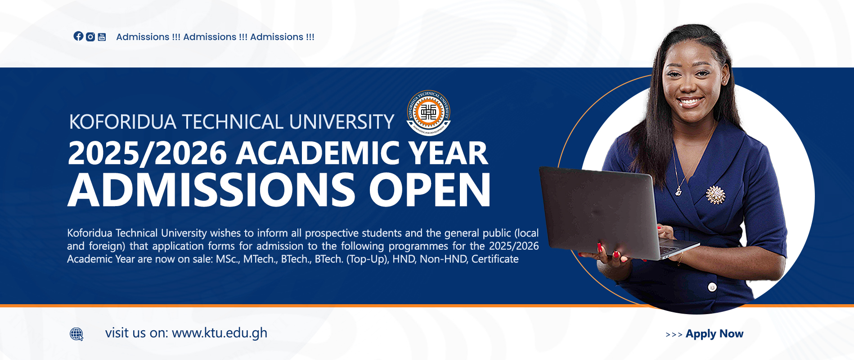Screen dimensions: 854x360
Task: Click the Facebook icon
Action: [78, 36]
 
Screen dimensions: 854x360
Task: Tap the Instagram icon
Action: [90, 37]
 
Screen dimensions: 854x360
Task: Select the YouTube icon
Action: [102, 37]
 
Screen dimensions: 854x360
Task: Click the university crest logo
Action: [429, 112]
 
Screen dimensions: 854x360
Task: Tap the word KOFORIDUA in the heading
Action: [122, 122]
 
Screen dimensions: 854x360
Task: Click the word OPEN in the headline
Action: [430, 190]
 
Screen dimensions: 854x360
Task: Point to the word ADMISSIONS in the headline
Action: [211, 190]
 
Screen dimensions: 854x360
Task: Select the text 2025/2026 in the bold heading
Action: [147, 153]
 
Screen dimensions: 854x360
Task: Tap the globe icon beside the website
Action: [76, 334]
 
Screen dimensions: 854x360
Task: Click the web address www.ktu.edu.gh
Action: [220, 333]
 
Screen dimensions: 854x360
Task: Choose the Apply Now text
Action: [715, 334]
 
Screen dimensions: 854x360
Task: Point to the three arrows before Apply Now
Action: [674, 334]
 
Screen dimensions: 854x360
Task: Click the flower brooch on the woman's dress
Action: [715, 195]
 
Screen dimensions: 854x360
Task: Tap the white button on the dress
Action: [712, 287]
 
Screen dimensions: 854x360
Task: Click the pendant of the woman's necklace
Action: [678, 192]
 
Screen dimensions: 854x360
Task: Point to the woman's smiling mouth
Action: [690, 102]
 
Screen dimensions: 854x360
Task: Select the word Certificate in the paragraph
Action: [495, 259]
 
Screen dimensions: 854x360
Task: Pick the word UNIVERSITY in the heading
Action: [342, 122]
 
